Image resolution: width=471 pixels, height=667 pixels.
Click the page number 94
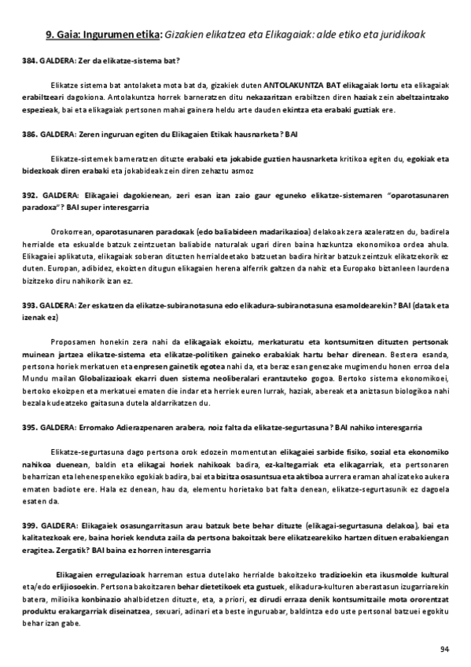click(x=443, y=648)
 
